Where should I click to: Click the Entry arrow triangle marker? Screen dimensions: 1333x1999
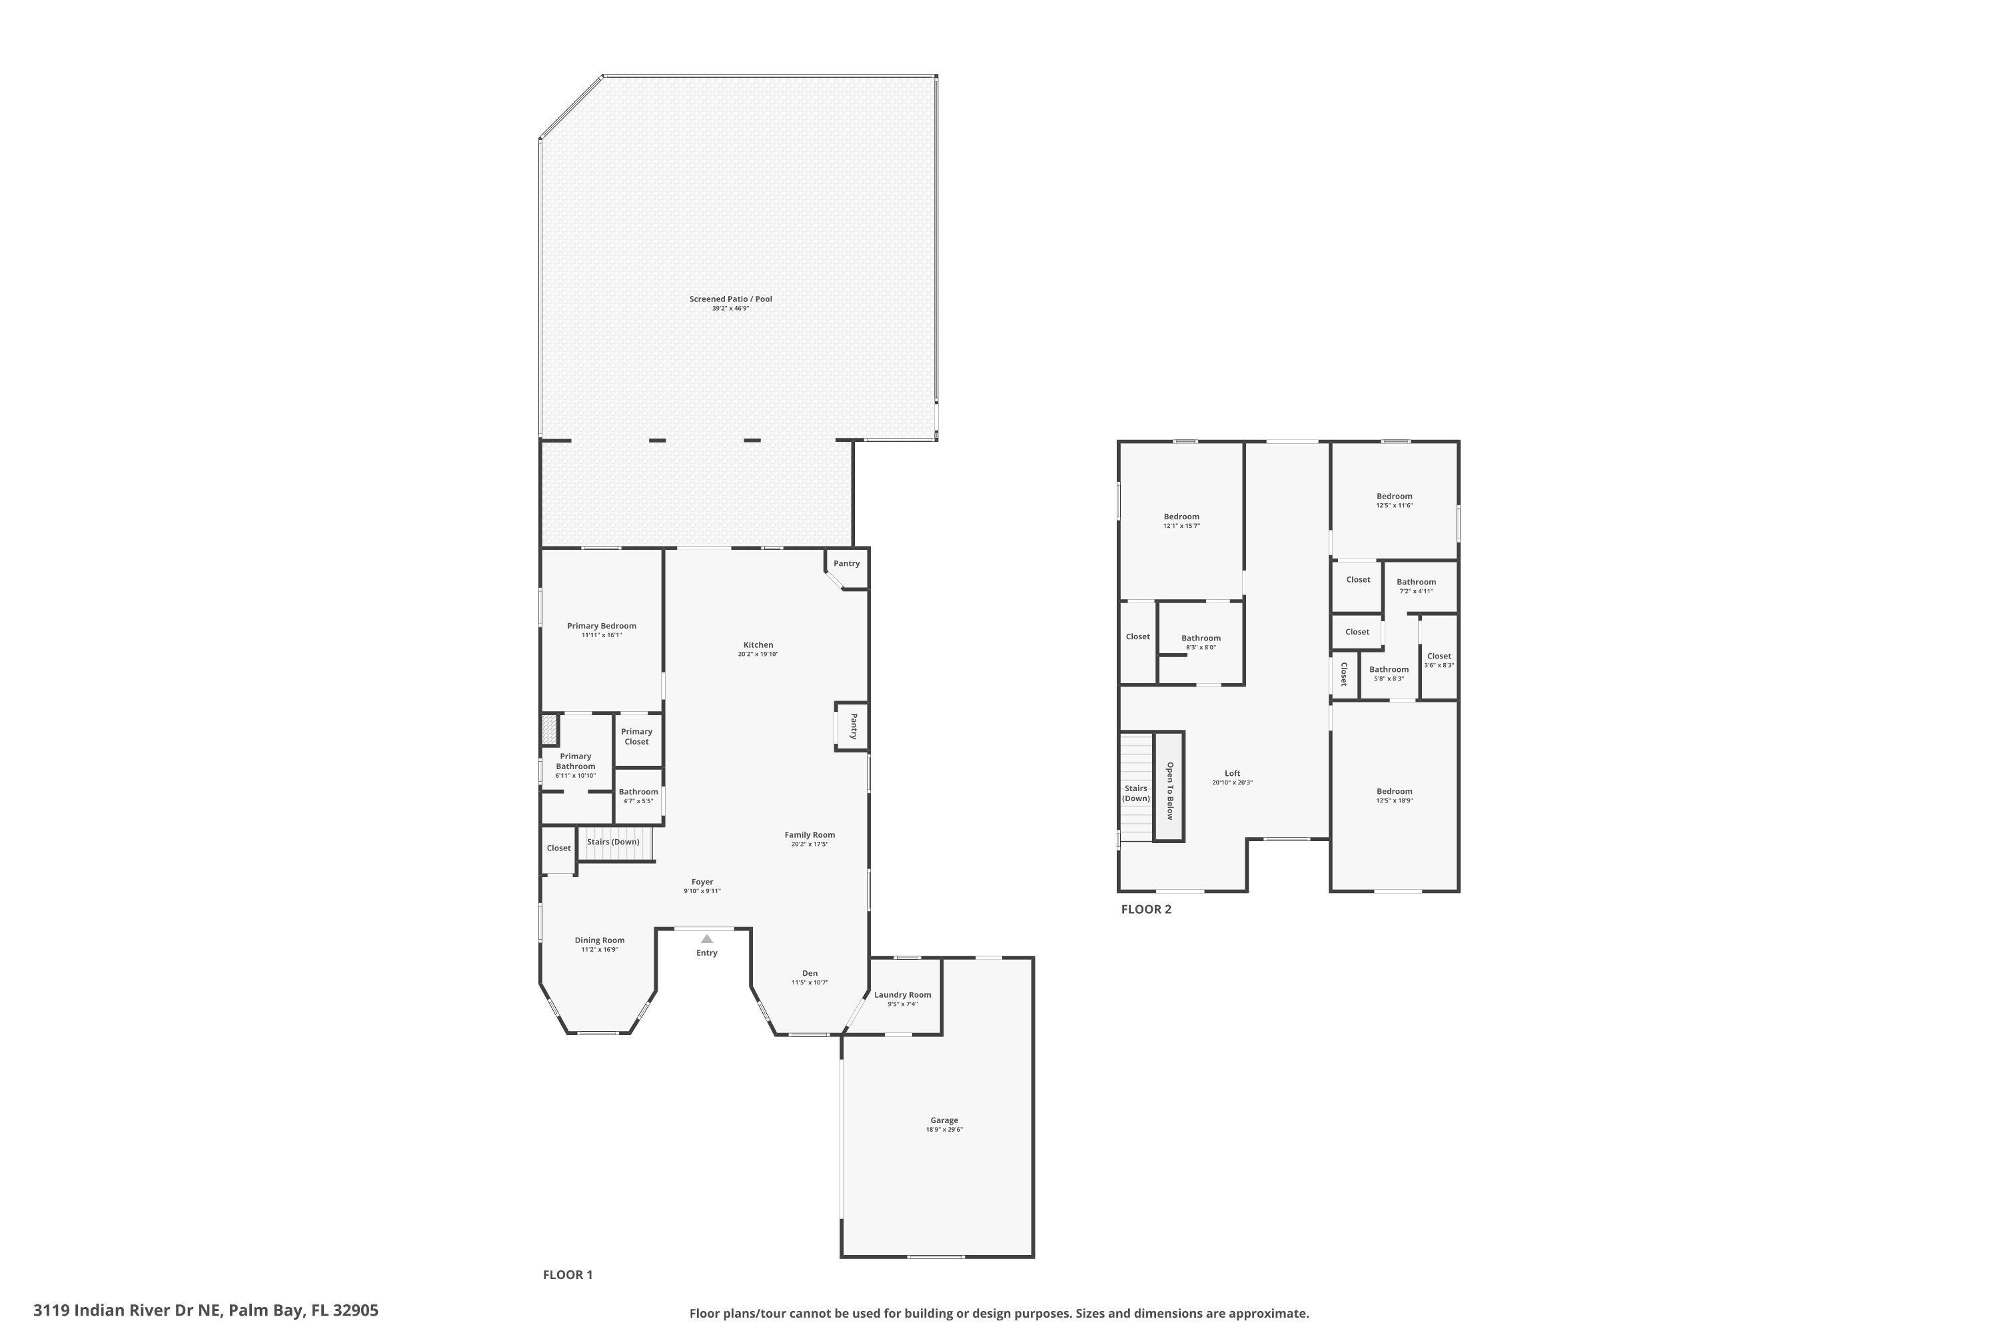[x=706, y=938]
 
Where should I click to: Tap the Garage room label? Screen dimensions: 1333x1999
[x=944, y=1120]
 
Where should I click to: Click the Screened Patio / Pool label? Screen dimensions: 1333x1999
[x=730, y=299]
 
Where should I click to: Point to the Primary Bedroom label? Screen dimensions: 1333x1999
[x=601, y=626]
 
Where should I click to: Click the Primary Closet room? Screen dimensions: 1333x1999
[x=636, y=736]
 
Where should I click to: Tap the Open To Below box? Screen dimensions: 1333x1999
[x=1169, y=786]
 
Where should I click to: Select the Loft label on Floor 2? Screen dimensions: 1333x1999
[x=1231, y=774]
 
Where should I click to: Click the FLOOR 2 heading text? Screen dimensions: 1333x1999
[x=1145, y=910]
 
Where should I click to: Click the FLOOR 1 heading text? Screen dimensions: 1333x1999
[x=567, y=1274]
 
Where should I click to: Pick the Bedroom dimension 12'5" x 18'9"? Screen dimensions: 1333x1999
[x=1394, y=801]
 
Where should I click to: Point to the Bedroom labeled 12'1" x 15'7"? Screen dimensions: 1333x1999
[x=1181, y=521]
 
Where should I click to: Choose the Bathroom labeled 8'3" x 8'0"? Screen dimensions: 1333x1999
[x=1200, y=642]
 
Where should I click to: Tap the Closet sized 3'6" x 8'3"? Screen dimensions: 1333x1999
[x=1438, y=660]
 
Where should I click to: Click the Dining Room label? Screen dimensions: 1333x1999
[x=599, y=940]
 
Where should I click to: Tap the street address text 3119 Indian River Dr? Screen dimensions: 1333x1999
[x=205, y=1310]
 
